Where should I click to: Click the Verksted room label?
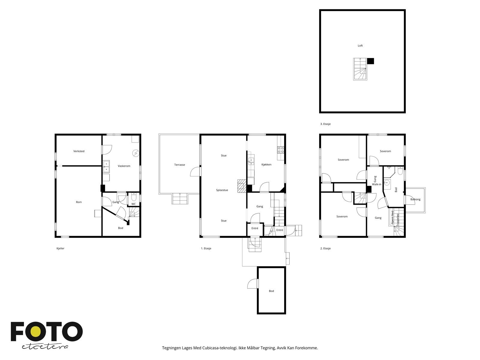coord(79,151)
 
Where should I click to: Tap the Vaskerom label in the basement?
coord(124,166)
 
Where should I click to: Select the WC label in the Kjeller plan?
coord(133,204)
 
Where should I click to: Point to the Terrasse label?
coord(179,165)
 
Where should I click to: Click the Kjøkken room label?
coord(266,164)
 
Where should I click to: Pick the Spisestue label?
coord(222,190)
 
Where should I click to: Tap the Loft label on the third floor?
coord(360,46)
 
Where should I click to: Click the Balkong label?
coord(415,199)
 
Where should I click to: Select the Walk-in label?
coord(376,184)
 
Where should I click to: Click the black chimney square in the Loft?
coord(370,61)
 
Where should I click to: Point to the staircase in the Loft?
coord(360,69)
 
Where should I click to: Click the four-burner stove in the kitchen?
coord(280,150)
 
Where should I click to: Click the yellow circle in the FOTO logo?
coord(35,332)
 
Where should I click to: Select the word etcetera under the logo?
coord(45,347)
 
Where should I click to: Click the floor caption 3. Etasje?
coord(325,124)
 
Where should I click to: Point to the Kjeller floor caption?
coord(60,248)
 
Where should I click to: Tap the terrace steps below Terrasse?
coord(180,199)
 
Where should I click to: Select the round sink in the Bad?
coord(387,182)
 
